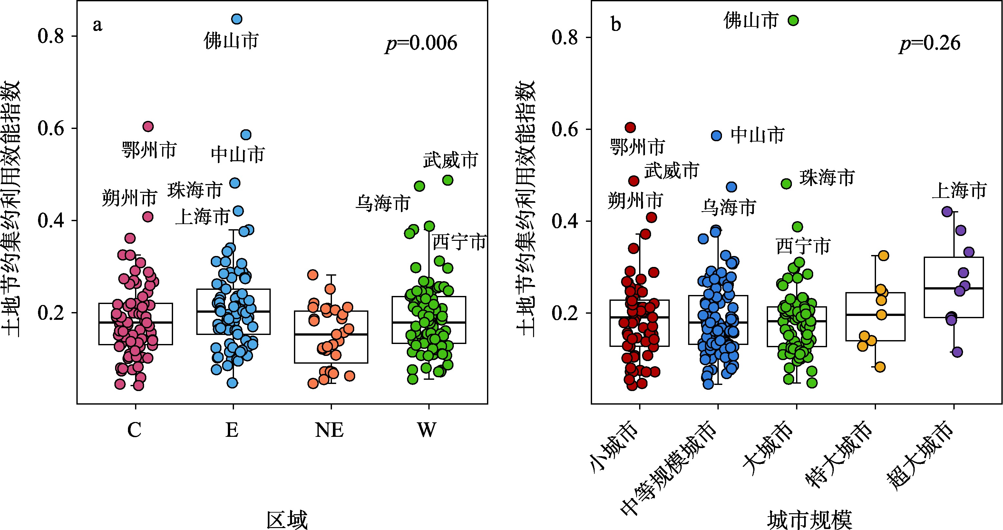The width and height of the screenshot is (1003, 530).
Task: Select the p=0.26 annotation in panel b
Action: (x=930, y=43)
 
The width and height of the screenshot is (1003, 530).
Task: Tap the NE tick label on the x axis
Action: (x=329, y=430)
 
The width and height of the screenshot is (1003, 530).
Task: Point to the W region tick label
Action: (x=427, y=430)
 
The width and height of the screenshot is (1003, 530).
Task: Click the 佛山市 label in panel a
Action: (x=231, y=41)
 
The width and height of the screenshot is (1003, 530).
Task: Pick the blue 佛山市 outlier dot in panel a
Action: (x=237, y=19)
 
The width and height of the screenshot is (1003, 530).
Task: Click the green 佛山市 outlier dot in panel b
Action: (x=794, y=21)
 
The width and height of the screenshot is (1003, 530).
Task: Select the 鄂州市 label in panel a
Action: (x=149, y=150)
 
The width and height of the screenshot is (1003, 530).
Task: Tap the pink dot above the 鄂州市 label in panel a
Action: (x=148, y=127)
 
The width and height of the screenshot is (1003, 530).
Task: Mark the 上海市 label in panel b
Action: (x=959, y=191)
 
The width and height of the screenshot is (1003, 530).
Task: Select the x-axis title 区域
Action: (x=287, y=520)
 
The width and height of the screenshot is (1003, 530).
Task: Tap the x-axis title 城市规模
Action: (x=810, y=520)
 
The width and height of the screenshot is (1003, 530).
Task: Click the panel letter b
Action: (x=616, y=25)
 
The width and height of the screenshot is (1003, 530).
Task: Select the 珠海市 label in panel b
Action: (x=827, y=178)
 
